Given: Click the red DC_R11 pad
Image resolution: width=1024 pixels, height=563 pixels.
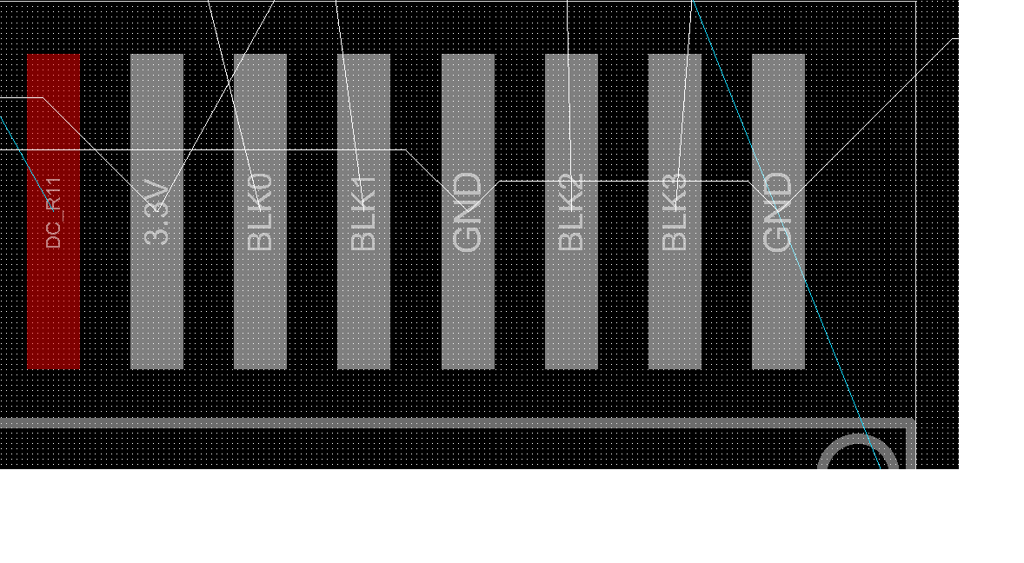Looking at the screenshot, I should pyautogui.click(x=53, y=304).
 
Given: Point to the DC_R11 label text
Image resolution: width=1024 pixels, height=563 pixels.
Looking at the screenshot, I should pyautogui.click(x=54, y=213).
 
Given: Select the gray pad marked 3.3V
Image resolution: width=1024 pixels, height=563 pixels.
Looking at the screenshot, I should pyautogui.click(x=156, y=304).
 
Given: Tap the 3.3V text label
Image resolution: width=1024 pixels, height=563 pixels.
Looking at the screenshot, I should pyautogui.click(x=157, y=212).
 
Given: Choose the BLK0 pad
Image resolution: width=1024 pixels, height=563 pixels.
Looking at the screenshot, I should pyautogui.click(x=260, y=304).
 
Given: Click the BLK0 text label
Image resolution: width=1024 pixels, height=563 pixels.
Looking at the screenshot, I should pyautogui.click(x=260, y=212).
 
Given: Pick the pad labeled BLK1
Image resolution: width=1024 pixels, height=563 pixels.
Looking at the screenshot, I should pyautogui.click(x=363, y=304).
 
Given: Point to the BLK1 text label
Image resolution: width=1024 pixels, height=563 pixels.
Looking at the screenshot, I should pyautogui.click(x=363, y=213).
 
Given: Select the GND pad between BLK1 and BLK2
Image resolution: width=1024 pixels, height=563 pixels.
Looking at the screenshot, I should pyautogui.click(x=468, y=304).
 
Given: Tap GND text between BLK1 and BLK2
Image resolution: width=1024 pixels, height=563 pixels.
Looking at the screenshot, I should pyautogui.click(x=468, y=213).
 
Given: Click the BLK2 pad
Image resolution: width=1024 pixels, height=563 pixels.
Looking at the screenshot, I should pyautogui.click(x=571, y=304).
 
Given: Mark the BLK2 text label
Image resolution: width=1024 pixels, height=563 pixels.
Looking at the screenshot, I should pyautogui.click(x=571, y=213).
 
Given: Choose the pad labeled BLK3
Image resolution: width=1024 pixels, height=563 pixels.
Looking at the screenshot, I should pyautogui.click(x=675, y=304).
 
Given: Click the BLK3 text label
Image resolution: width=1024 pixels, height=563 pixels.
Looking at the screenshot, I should pyautogui.click(x=675, y=213).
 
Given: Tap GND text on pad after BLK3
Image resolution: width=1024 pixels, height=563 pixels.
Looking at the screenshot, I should pyautogui.click(x=778, y=213).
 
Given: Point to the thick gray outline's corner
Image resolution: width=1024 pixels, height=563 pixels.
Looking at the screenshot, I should pyautogui.click(x=910, y=424).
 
